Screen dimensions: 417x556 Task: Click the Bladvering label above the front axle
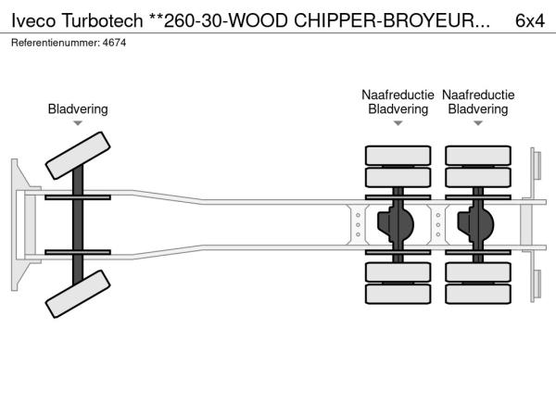[78, 109]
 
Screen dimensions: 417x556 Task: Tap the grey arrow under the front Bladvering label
[78, 123]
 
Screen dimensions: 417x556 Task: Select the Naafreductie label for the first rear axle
[398, 95]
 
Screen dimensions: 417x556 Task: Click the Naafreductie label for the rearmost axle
[478, 95]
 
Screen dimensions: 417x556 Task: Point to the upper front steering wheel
[78, 155]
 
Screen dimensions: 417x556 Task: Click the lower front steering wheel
[78, 299]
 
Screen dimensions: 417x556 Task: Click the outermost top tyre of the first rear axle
[398, 155]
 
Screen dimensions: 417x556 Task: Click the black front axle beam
[78, 226]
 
